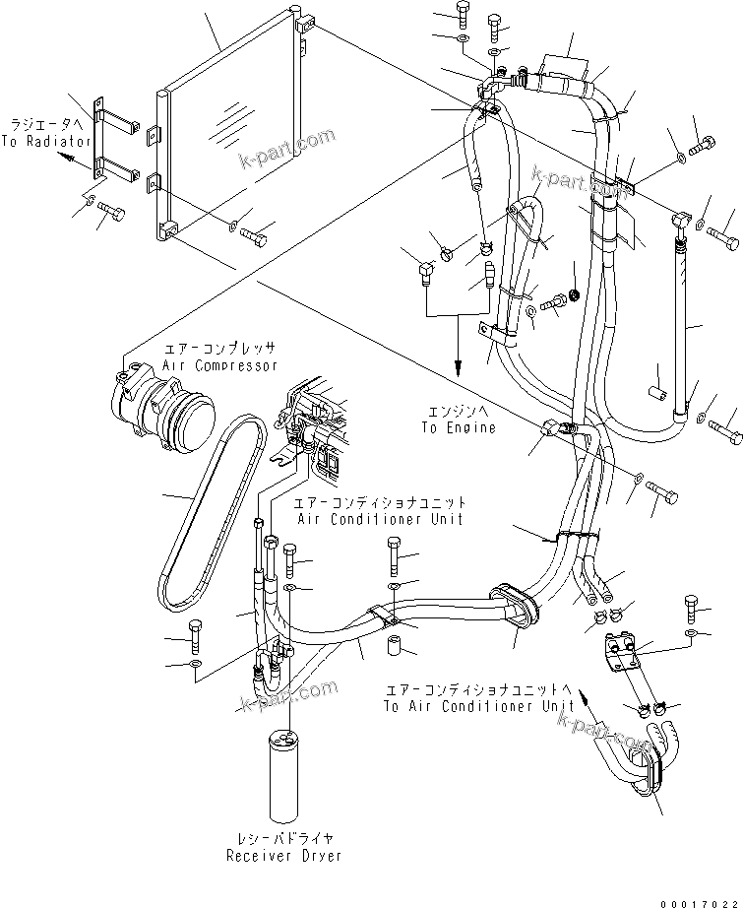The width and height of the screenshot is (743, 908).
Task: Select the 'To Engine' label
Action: tap(459, 427)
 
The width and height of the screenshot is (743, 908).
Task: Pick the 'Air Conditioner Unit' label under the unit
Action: tap(378, 518)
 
